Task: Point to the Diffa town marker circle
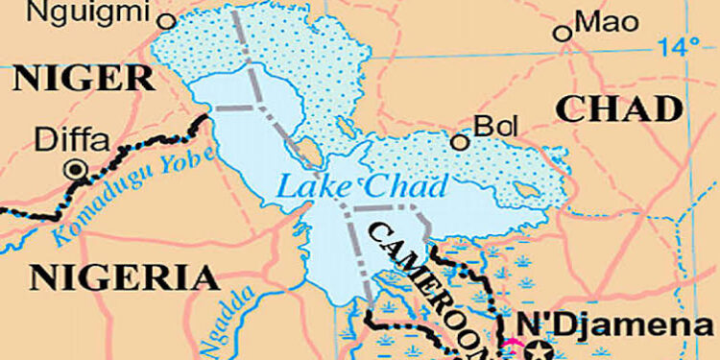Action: [x=73, y=170]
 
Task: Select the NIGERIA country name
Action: [x=125, y=278]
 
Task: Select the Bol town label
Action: [x=492, y=126]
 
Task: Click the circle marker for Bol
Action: [x=461, y=143]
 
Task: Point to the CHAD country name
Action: [x=620, y=108]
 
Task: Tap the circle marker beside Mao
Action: [x=564, y=34]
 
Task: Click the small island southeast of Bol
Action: [x=527, y=189]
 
